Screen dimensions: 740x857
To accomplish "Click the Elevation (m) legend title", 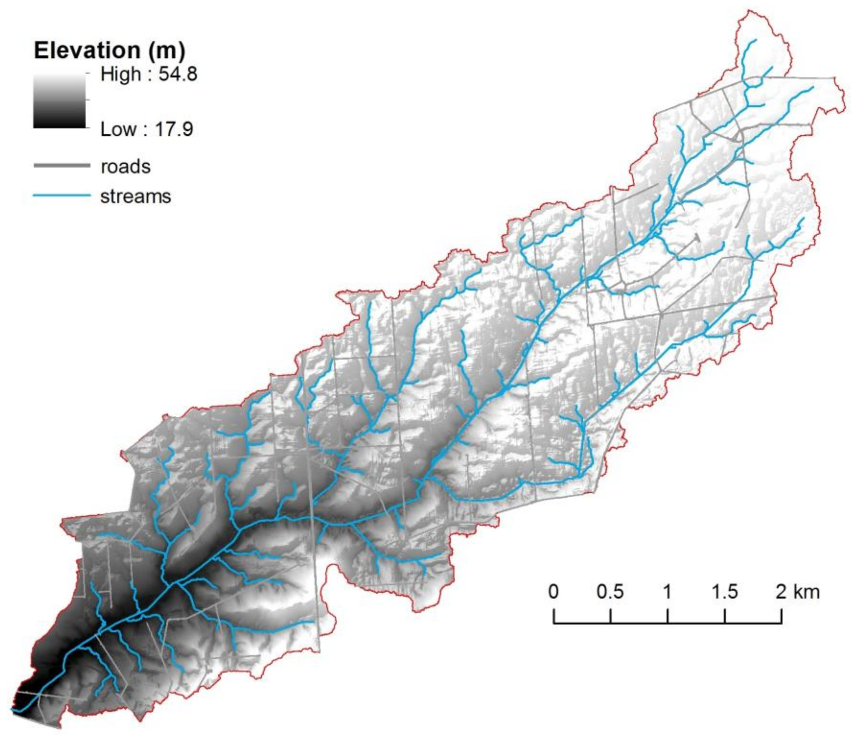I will (109, 50).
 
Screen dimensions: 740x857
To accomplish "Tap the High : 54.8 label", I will (149, 74).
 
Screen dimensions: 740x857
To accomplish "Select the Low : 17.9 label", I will (147, 129).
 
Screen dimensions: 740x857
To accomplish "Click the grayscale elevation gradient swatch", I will (59, 101).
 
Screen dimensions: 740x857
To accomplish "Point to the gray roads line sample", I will (62, 166).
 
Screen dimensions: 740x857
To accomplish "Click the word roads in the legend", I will (125, 166).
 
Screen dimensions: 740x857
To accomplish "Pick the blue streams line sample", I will (62, 196).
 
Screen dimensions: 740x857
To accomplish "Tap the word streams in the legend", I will (136, 196).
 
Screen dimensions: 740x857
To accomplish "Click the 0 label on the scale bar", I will (553, 592).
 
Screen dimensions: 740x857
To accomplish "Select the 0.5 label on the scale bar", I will (610, 592).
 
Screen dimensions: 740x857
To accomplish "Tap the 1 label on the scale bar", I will (667, 592).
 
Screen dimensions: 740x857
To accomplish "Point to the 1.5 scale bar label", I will (724, 592).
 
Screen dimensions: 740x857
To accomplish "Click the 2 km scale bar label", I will (797, 592).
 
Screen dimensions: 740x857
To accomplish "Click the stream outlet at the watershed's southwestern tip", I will (13, 709).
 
